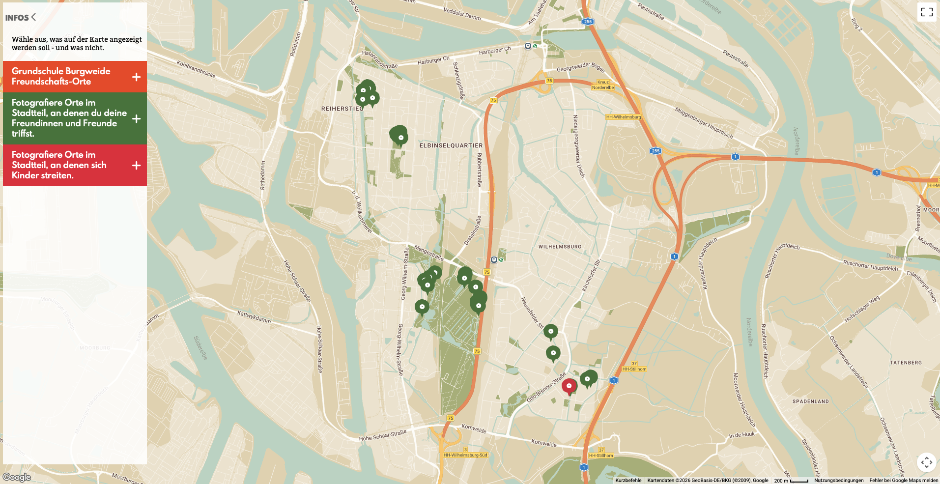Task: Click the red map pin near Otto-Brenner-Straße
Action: pyautogui.click(x=569, y=386)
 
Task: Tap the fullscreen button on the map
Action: pyautogui.click(x=926, y=12)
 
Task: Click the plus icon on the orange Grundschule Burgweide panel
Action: pyautogui.click(x=136, y=77)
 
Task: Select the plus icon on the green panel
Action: pyautogui.click(x=136, y=118)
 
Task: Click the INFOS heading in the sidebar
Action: pyautogui.click(x=18, y=18)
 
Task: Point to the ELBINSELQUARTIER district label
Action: pyautogui.click(x=451, y=145)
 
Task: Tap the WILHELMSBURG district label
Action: pyautogui.click(x=560, y=247)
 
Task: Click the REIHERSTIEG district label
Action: pyautogui.click(x=342, y=109)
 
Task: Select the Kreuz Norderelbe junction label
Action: pyautogui.click(x=603, y=85)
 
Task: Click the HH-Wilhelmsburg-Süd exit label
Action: pyautogui.click(x=465, y=455)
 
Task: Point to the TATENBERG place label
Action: pyautogui.click(x=906, y=363)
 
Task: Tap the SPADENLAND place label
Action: pyautogui.click(x=810, y=401)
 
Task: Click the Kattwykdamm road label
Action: pyautogui.click(x=254, y=316)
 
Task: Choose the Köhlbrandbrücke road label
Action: pyautogui.click(x=196, y=69)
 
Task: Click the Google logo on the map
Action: pyautogui.click(x=17, y=477)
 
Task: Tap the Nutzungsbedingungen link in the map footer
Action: pyautogui.click(x=839, y=481)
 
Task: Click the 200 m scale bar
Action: pyautogui.click(x=791, y=481)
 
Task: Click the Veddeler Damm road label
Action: pyautogui.click(x=462, y=13)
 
